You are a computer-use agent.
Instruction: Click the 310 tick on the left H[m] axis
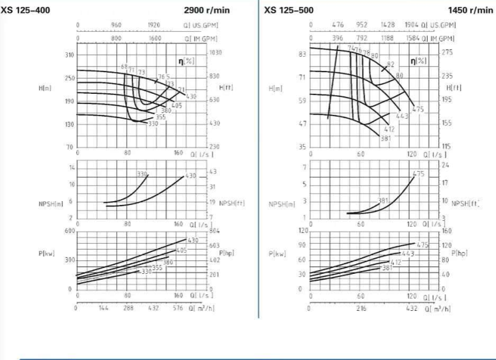pyautogui.click(x=69, y=55)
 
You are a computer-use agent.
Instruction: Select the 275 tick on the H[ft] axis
pyautogui.click(x=446, y=53)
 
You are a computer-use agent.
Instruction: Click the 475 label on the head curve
pyautogui.click(x=419, y=110)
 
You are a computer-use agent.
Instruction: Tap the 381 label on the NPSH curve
pyautogui.click(x=382, y=200)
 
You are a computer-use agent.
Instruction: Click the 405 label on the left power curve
pyautogui.click(x=181, y=250)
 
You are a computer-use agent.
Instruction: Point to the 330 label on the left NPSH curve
pyautogui.click(x=142, y=174)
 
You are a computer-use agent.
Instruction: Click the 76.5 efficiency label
pyautogui.click(x=163, y=77)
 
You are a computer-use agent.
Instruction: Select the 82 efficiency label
pyautogui.click(x=391, y=64)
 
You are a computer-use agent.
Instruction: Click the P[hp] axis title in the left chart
pyautogui.click(x=225, y=253)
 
